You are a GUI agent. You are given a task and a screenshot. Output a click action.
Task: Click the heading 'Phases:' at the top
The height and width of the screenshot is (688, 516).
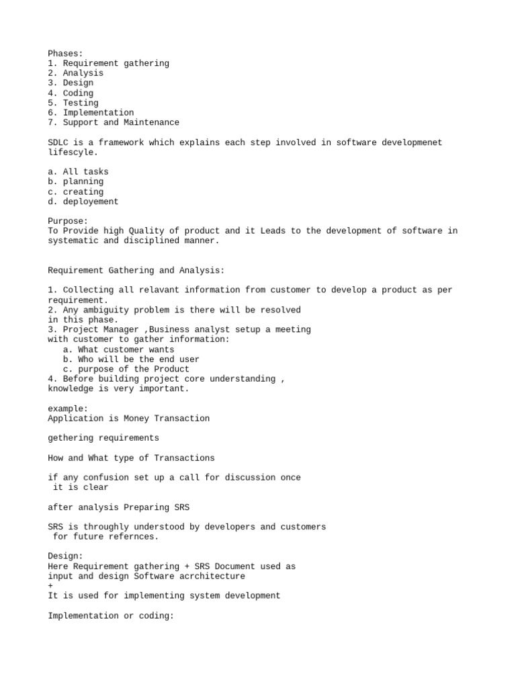pyautogui.click(x=65, y=53)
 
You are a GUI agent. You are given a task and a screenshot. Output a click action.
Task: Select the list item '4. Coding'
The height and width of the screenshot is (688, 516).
pyautogui.click(x=71, y=93)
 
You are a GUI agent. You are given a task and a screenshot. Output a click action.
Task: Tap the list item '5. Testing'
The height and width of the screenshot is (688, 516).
pyautogui.click(x=73, y=103)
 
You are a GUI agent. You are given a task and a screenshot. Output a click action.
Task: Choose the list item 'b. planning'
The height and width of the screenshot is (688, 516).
pyautogui.click(x=76, y=181)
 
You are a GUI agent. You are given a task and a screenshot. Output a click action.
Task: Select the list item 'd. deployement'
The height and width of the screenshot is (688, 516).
pyautogui.click(x=83, y=202)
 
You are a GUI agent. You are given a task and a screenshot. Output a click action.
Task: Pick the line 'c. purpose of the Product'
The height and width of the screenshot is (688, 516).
pyautogui.click(x=126, y=369)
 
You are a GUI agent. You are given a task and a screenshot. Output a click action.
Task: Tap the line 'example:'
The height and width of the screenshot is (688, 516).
pyautogui.click(x=68, y=408)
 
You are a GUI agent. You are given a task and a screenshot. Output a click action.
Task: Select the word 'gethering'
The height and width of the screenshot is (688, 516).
pyautogui.click(x=71, y=438)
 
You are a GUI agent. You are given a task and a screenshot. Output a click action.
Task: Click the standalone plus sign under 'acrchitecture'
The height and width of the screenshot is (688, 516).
pyautogui.click(x=50, y=586)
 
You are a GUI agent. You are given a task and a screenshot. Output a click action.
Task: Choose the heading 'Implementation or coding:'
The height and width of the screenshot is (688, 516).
pyautogui.click(x=111, y=615)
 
